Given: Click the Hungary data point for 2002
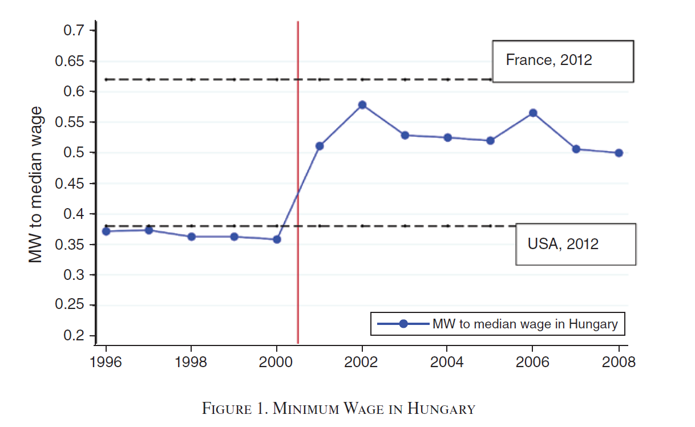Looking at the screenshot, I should (362, 105).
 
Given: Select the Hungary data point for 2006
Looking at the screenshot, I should (533, 113).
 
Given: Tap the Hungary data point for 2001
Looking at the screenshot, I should (320, 146).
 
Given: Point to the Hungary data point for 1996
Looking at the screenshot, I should (106, 231).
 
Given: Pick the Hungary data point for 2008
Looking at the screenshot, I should (619, 153).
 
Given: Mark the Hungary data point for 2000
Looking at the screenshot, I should (277, 239).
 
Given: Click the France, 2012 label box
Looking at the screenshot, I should (563, 61).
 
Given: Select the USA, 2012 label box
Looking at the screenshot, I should (575, 244).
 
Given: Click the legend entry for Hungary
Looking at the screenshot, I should (498, 324).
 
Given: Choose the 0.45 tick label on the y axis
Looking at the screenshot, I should (71, 184).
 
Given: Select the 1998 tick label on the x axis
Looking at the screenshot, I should (191, 363).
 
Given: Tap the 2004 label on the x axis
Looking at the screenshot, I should (447, 363).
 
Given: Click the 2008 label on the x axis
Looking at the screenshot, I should (618, 363).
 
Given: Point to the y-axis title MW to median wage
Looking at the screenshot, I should (37, 184).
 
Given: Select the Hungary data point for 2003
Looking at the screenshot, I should (405, 135).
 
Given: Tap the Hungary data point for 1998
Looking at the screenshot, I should (191, 237).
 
